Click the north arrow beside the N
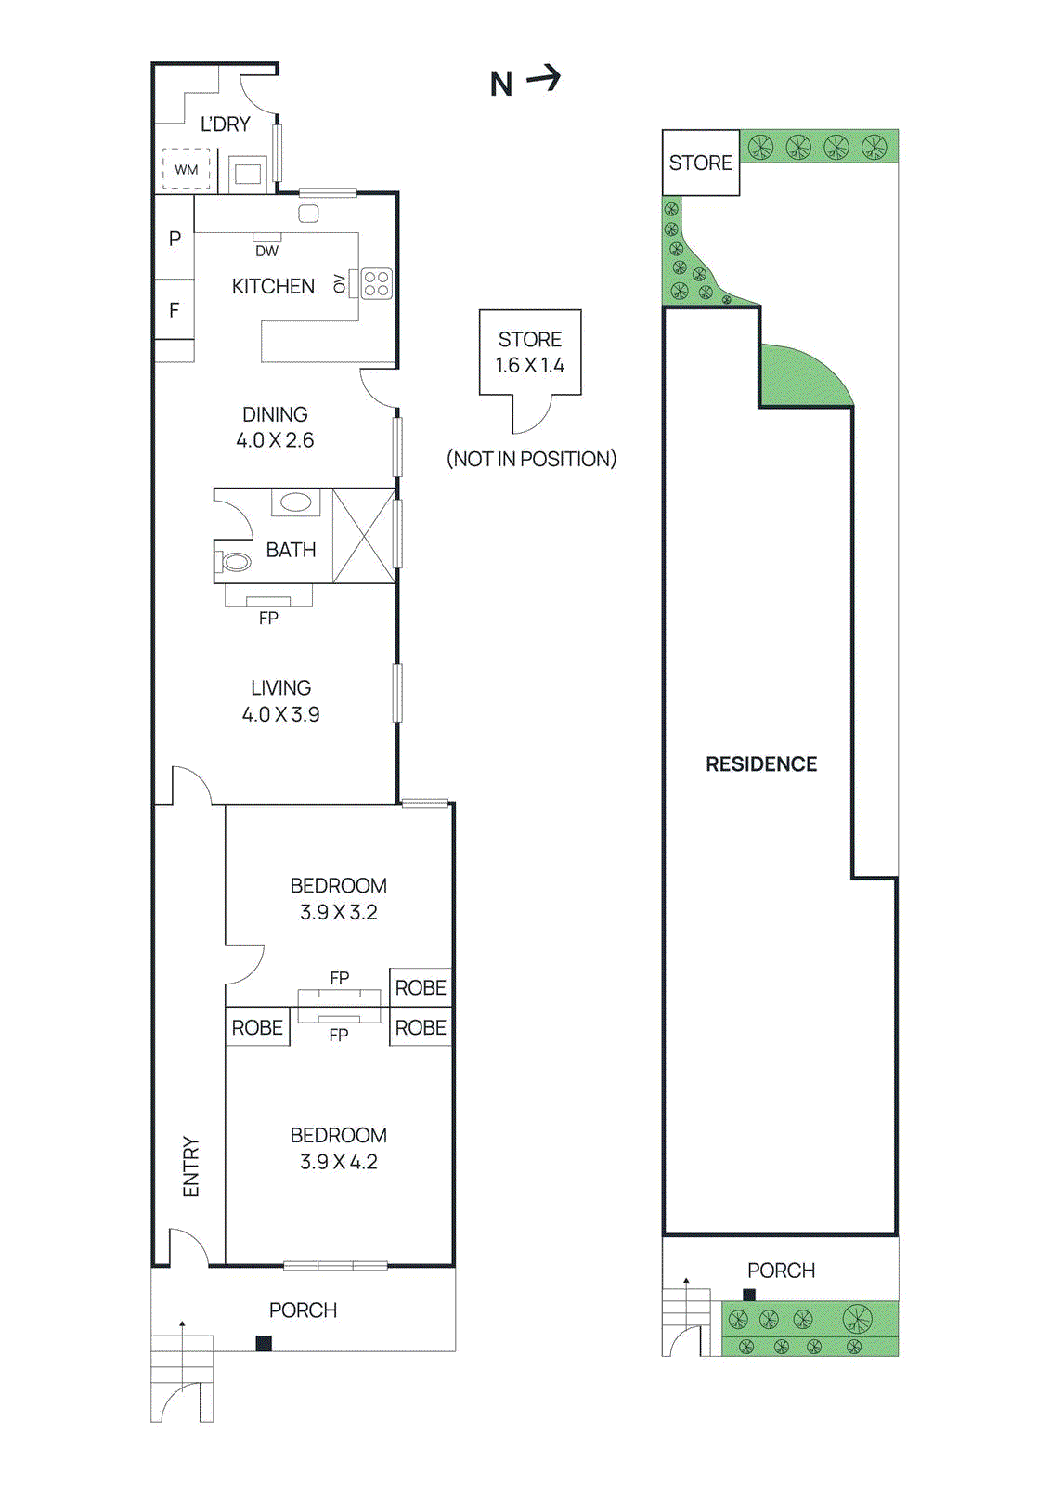[545, 78]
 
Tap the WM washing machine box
[187, 169]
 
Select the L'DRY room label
[226, 124]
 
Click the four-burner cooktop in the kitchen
[376, 283]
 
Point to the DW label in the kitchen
[266, 251]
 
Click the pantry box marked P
[175, 239]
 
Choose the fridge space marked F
[175, 310]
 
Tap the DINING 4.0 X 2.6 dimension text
[275, 440]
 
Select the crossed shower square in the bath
[364, 536]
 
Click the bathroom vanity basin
[296, 502]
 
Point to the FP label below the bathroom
[268, 618]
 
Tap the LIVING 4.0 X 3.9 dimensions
[280, 714]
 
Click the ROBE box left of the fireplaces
[257, 1028]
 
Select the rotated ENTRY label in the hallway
[191, 1167]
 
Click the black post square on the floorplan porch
[264, 1343]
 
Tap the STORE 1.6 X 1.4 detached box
[530, 353]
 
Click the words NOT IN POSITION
[531, 459]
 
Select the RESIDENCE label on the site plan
[761, 764]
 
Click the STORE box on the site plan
[701, 163]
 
